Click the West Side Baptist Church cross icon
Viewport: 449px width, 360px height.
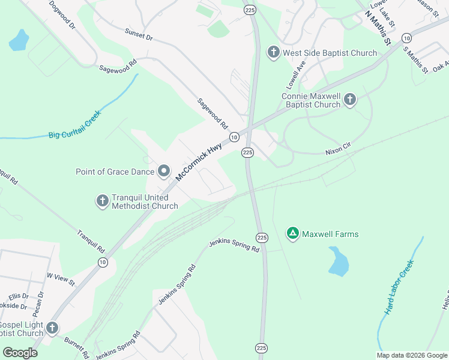[x=273, y=53]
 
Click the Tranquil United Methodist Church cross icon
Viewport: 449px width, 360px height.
[x=103, y=201]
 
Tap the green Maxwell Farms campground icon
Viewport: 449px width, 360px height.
[x=292, y=233]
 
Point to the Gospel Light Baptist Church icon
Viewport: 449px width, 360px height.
[x=52, y=328]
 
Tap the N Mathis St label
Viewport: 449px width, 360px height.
[x=378, y=31]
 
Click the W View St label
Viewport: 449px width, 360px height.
[x=61, y=278]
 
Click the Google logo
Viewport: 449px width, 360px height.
[x=20, y=352]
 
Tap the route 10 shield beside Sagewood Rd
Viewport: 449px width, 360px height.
[x=235, y=137]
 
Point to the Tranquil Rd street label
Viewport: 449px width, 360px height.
[x=91, y=241]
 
